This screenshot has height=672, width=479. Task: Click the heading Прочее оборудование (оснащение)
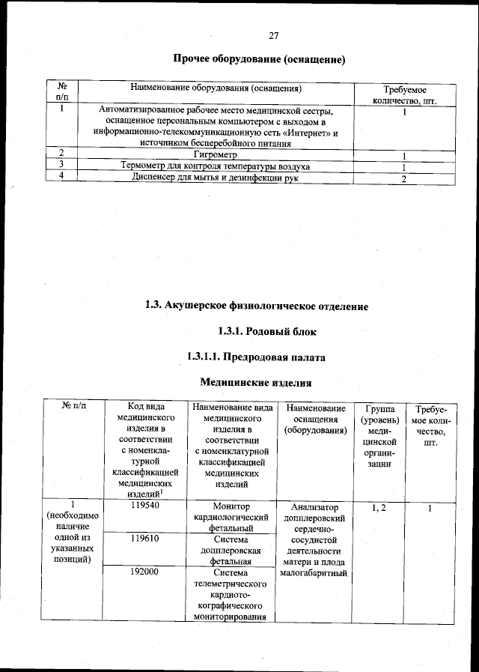(258, 58)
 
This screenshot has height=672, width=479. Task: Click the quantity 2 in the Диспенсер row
(403, 179)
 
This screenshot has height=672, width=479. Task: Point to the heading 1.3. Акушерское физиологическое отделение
(257, 306)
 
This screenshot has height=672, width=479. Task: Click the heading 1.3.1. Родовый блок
(257, 331)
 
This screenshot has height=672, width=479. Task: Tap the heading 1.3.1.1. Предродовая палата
(257, 357)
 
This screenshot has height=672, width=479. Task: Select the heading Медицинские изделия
(256, 383)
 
